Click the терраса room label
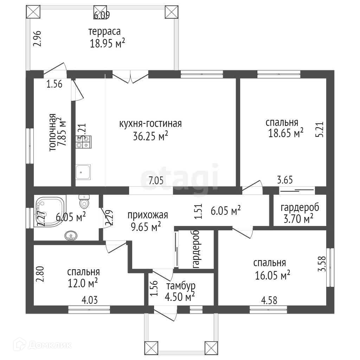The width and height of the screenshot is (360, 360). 104,31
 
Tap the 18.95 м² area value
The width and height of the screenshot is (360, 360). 108,44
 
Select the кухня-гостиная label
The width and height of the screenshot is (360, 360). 150,124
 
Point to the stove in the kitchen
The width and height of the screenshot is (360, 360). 83,142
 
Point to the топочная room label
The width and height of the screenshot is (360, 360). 52,132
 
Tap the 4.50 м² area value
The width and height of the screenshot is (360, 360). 180,297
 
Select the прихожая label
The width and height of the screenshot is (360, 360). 148,215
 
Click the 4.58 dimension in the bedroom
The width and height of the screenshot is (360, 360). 269,301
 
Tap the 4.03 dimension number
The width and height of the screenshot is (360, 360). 90,300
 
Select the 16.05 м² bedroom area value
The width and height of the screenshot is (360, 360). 272,275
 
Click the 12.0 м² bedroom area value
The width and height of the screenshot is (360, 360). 82,283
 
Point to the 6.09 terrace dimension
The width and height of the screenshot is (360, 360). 102,15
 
